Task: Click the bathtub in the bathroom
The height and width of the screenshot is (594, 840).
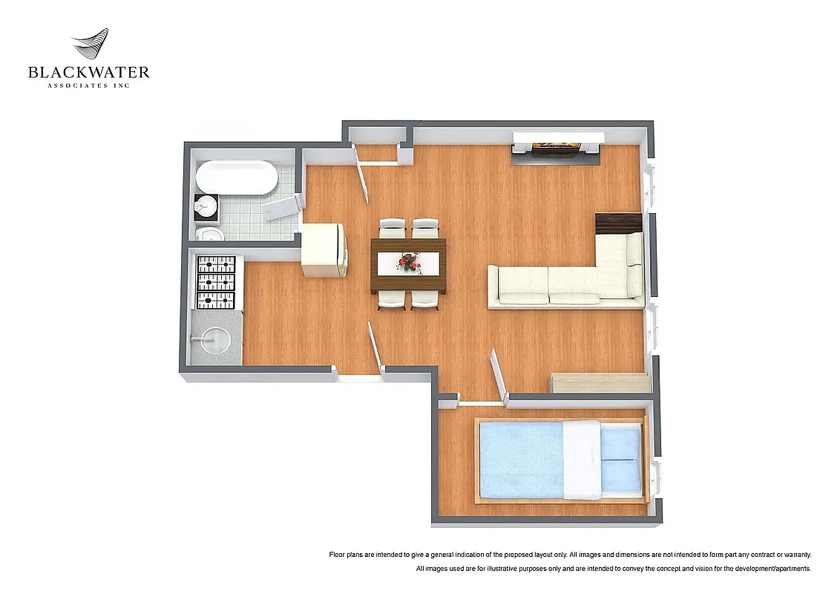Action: click(237, 178)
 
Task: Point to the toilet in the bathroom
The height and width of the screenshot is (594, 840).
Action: click(210, 235)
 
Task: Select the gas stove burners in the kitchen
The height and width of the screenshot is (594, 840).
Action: click(215, 282)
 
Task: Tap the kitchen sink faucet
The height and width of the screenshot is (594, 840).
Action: click(197, 338)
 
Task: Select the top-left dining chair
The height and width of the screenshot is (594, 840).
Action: click(392, 228)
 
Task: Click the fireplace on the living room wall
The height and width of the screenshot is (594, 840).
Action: click(556, 146)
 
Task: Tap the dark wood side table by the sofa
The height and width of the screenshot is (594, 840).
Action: click(619, 223)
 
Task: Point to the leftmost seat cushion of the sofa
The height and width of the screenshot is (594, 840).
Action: click(523, 284)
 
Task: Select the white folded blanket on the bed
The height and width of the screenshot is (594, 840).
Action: click(581, 460)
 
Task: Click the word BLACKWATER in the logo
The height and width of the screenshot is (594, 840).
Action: click(88, 72)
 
